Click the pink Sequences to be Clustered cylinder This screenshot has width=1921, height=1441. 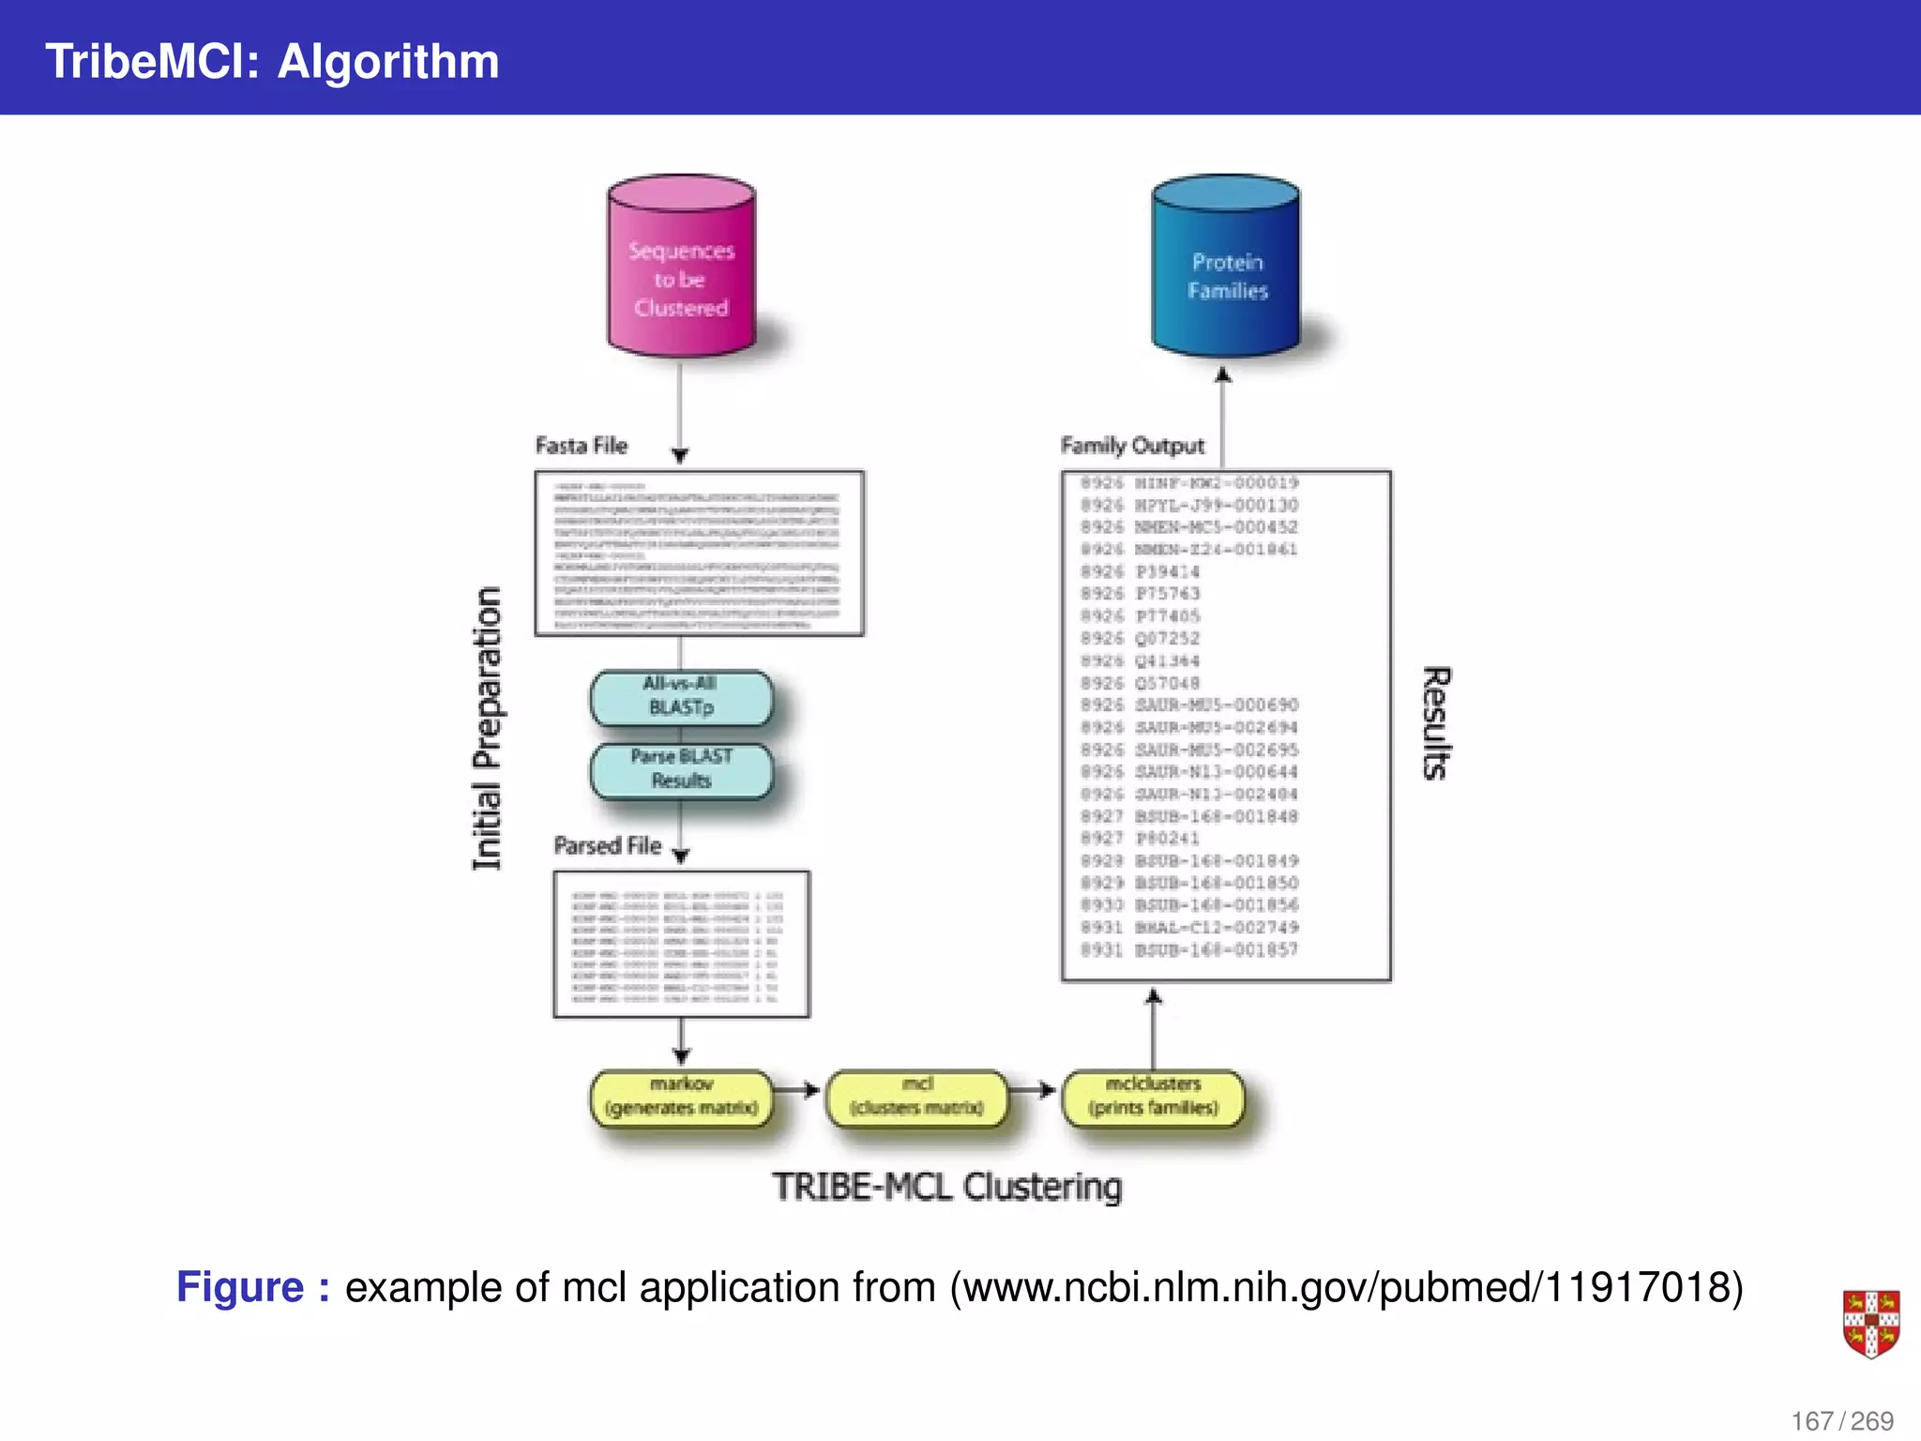(681, 267)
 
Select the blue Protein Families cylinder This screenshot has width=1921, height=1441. (1226, 267)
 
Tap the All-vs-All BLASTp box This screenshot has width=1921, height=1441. (681, 697)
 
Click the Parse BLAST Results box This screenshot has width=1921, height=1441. (681, 769)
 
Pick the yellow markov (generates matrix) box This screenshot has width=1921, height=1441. (681, 1097)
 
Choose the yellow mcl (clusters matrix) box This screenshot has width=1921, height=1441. (916, 1097)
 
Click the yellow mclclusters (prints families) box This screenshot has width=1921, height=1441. (1153, 1097)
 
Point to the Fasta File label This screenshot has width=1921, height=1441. (581, 446)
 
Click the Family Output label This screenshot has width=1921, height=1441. (1132, 446)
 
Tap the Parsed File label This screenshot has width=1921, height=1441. (607, 845)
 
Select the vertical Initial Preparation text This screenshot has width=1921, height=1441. (487, 729)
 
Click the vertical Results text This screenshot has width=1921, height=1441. (1436, 723)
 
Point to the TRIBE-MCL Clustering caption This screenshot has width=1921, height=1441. (946, 1188)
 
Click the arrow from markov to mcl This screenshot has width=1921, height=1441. (798, 1090)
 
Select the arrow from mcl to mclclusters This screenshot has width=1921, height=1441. (1034, 1090)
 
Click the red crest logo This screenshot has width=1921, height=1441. (1870, 1324)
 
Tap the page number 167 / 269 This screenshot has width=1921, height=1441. (1842, 1420)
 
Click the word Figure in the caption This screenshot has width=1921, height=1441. (240, 1287)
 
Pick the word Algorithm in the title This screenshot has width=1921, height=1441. (388, 62)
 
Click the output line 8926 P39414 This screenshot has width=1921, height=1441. (1140, 571)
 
